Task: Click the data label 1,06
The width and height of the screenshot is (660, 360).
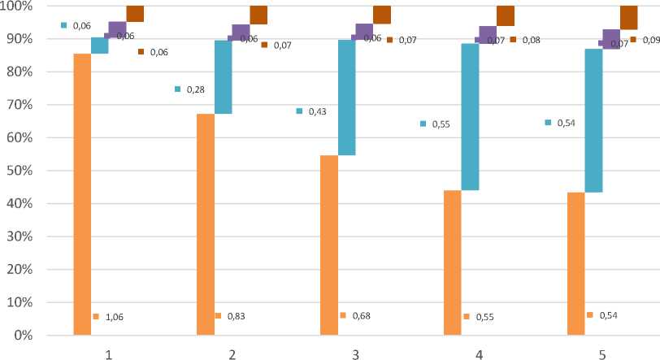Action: (115, 317)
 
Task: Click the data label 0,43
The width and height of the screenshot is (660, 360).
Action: (318, 111)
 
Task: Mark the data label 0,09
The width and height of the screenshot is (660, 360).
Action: (652, 40)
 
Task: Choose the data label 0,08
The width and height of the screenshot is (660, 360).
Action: (531, 40)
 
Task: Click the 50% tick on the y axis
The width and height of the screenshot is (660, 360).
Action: (20, 171)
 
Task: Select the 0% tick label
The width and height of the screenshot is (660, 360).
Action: (24, 335)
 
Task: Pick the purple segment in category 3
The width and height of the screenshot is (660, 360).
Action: (364, 31)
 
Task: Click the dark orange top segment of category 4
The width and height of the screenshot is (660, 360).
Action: (506, 15)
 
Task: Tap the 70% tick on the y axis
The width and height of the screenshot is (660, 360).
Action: (20, 105)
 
